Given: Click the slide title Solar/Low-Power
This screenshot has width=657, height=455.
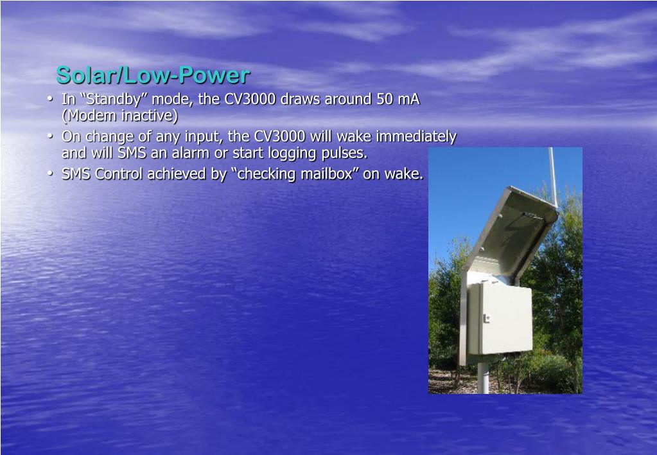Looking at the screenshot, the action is coord(153,75).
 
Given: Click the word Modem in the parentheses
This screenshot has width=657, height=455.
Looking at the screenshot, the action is coord(92,115).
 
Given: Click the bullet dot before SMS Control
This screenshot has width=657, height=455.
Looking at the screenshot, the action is coord(50,173).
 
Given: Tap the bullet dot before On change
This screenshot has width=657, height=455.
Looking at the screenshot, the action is coord(50,136).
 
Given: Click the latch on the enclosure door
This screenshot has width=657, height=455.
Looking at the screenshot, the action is coord(486,318).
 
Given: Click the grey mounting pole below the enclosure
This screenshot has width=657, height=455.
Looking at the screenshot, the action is coord(483,377).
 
